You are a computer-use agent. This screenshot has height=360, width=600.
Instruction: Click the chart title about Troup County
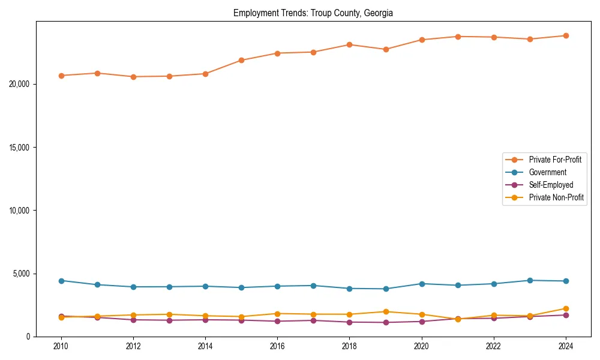pyautogui.click(x=313, y=13)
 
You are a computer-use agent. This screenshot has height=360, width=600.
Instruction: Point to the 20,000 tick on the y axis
pyautogui.click(x=20, y=84)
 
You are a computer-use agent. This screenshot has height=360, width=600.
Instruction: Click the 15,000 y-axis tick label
pyautogui.click(x=20, y=148)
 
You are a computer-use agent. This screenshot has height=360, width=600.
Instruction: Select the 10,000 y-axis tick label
pyautogui.click(x=20, y=211)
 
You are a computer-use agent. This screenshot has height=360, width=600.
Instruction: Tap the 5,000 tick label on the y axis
pyautogui.click(x=22, y=274)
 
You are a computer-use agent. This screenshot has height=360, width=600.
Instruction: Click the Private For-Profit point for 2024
pyautogui.click(x=566, y=36)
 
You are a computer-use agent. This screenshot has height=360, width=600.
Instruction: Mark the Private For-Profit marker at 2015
pyautogui.click(x=241, y=60)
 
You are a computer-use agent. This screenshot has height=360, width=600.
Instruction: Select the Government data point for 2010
pyautogui.click(x=61, y=281)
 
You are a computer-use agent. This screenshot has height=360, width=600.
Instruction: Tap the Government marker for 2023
pyautogui.click(x=530, y=280)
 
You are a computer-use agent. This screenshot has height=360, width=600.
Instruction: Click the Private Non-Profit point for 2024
pyautogui.click(x=566, y=308)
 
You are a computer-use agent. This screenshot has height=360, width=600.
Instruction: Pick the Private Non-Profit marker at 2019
pyautogui.click(x=386, y=311)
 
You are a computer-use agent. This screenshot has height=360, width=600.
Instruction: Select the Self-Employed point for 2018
pyautogui.click(x=350, y=322)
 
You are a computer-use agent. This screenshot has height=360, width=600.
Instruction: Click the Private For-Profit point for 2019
pyautogui.click(x=386, y=49)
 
